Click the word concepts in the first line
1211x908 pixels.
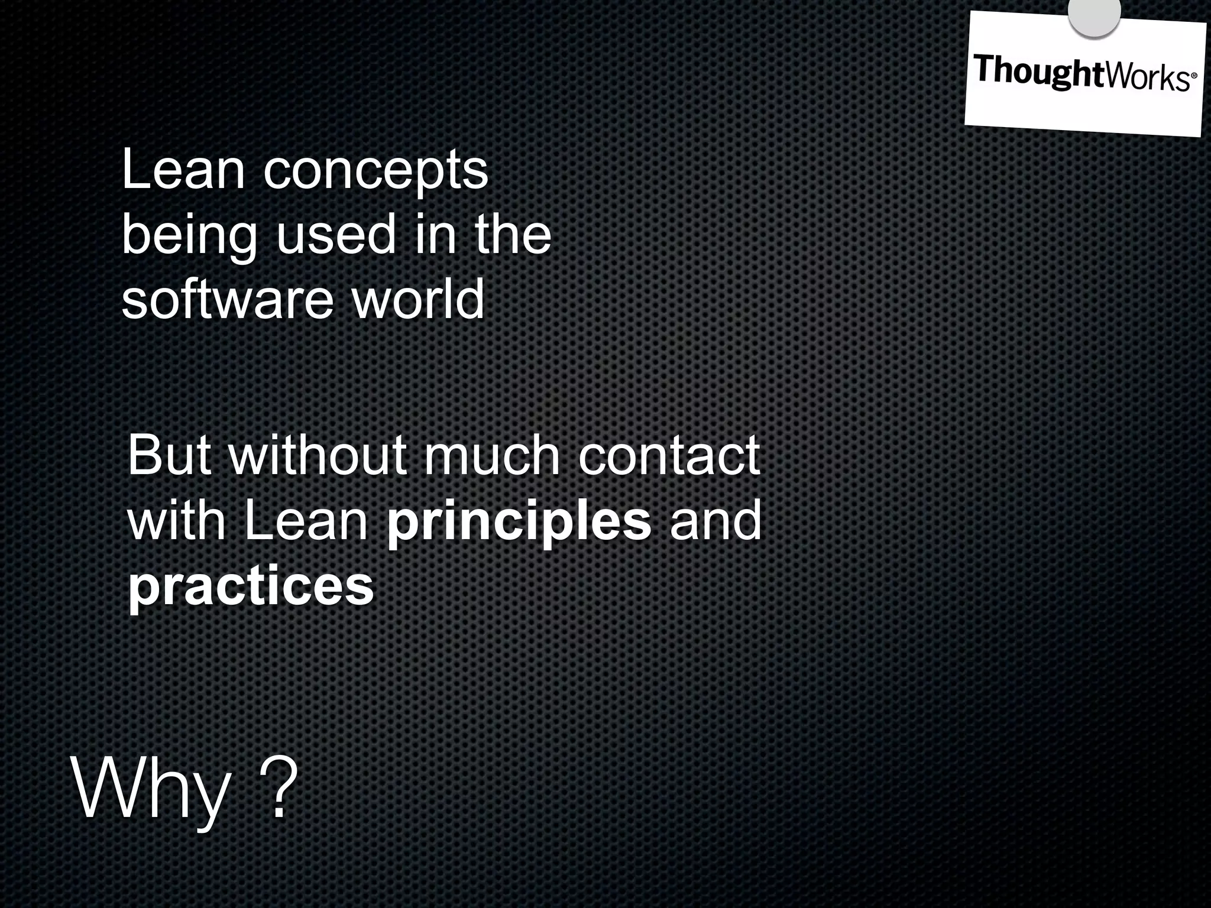tap(375, 171)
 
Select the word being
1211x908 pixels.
tap(189, 236)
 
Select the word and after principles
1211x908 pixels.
tap(715, 520)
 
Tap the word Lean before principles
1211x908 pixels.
tap(307, 520)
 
